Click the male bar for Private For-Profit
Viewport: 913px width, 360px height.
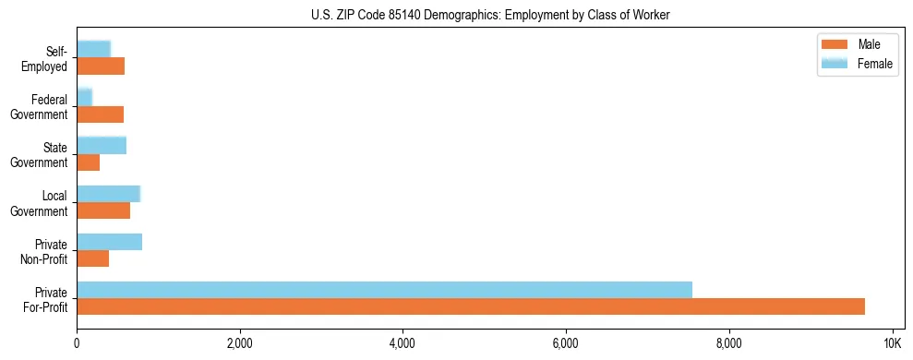(x=471, y=306)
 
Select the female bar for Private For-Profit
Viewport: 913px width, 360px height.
(x=384, y=290)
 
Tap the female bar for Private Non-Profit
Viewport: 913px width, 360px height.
(x=109, y=242)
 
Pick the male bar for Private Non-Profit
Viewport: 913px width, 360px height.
(x=92, y=258)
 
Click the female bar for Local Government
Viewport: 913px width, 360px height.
(x=108, y=194)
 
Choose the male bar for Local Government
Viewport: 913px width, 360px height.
(x=103, y=210)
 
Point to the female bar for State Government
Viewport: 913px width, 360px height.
(x=102, y=145)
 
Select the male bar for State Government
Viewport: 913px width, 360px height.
(x=88, y=162)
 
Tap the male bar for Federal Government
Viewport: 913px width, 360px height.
(x=100, y=114)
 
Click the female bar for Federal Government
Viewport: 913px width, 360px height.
(x=84, y=97)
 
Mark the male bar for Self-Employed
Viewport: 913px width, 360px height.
(x=101, y=66)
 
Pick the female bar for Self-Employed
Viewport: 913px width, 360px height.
(x=93, y=49)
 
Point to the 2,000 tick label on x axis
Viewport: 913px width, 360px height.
(x=239, y=344)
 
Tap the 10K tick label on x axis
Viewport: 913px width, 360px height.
(x=891, y=344)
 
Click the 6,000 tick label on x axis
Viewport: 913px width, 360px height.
(x=565, y=344)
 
